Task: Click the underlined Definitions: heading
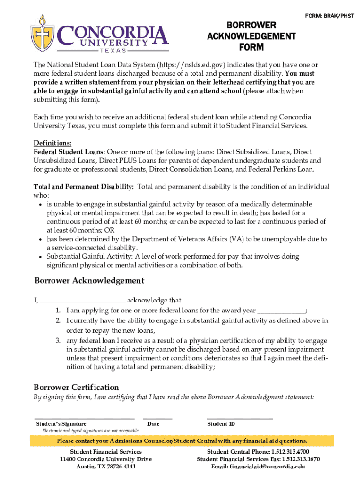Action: click(52, 143)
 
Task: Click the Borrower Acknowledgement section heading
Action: click(89, 281)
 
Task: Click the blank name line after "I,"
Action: click(83, 301)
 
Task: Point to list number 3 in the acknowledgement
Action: click(57, 341)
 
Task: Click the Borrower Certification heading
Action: click(76, 387)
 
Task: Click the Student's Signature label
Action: click(61, 424)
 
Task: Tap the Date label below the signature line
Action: click(153, 424)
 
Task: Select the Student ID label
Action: click(221, 424)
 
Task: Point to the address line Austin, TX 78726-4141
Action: click(106, 467)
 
